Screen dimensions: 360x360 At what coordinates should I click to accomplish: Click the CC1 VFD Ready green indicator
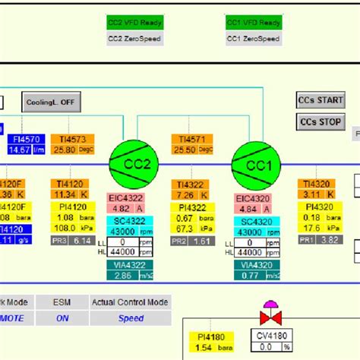(253, 23)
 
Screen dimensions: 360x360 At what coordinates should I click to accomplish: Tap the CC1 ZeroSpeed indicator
(253, 38)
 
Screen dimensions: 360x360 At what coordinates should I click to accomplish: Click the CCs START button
(320, 100)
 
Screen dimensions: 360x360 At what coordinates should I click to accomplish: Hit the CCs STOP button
(320, 122)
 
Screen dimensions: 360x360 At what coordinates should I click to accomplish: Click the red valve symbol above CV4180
(269, 314)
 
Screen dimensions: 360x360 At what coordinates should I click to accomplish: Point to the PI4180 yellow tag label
(209, 336)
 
